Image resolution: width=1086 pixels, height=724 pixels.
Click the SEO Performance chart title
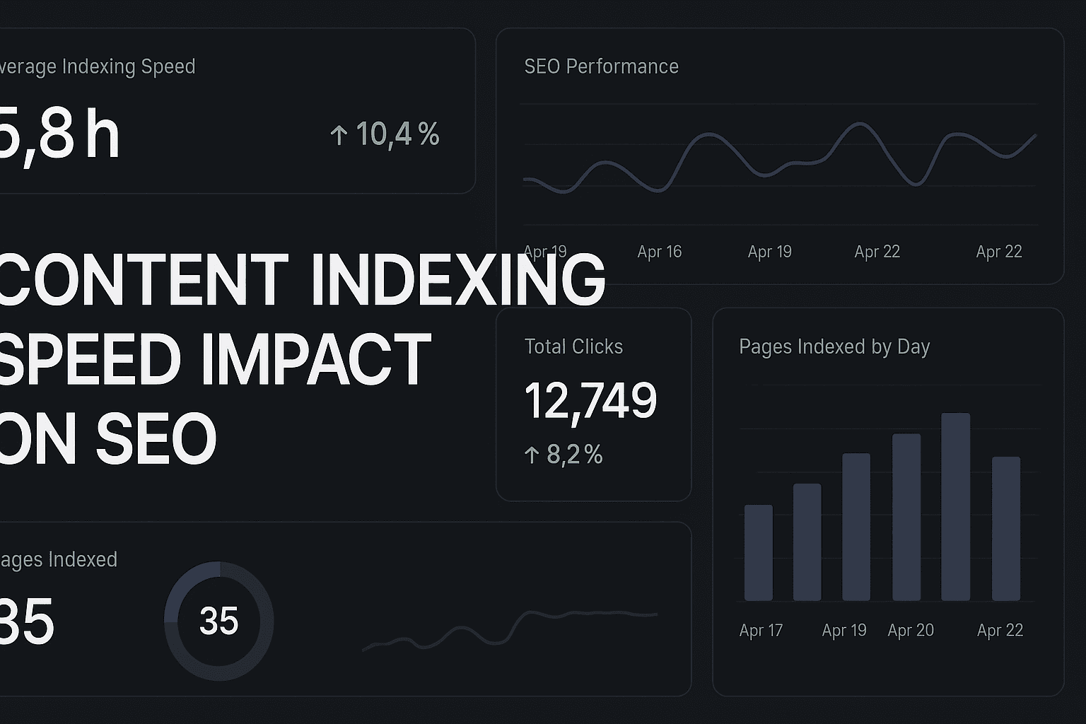coord(601,66)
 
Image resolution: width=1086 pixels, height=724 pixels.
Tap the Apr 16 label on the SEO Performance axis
coord(659,252)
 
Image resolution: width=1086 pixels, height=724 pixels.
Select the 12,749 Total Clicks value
coord(590,401)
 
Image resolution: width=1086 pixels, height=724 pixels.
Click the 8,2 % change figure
coord(574,455)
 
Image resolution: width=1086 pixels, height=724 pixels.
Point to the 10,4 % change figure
coord(397,134)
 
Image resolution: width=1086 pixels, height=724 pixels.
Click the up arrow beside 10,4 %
coord(339,135)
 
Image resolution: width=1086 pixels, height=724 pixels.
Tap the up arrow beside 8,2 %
coord(532,455)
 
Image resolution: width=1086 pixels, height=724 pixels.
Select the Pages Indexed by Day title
coord(834,346)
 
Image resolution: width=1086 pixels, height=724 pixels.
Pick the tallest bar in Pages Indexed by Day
coord(955,507)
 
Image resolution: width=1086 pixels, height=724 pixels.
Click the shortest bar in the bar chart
coord(759,553)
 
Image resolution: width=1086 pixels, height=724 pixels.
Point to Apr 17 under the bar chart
coord(761,630)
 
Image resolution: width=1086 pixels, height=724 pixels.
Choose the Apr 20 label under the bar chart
coord(911,630)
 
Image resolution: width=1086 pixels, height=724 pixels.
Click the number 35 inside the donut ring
coord(219,621)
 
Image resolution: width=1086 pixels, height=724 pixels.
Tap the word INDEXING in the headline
coord(457,279)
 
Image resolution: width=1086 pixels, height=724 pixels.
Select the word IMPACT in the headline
coord(316,359)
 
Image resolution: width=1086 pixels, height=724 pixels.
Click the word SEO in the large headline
coord(156,439)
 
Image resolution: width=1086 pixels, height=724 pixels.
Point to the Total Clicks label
coord(573,346)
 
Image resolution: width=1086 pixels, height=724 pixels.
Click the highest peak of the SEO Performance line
coord(860,124)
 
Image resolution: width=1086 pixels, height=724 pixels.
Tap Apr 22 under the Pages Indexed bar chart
coord(1000,630)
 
